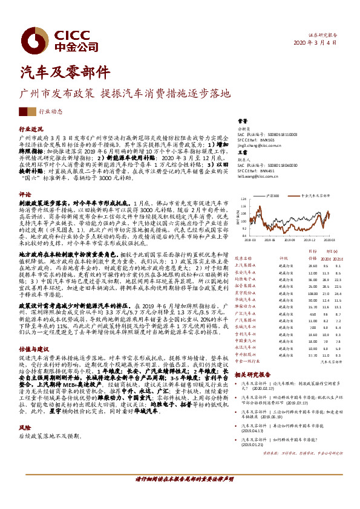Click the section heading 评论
click(x=25, y=195)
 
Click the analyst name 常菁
click(x=242, y=121)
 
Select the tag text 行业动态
click(x=50, y=111)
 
